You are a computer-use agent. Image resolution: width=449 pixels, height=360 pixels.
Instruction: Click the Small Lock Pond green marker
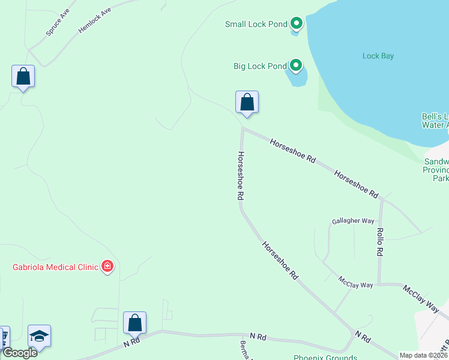(296, 24)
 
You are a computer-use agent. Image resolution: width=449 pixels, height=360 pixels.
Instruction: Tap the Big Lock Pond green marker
(295, 65)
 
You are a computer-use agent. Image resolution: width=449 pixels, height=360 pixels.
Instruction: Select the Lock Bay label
(378, 56)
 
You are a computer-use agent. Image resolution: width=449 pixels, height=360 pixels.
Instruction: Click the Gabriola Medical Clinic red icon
(107, 266)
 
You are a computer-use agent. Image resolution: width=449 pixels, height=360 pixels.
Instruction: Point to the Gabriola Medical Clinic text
(55, 267)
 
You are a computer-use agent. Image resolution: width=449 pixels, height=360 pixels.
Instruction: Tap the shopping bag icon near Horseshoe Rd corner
(247, 103)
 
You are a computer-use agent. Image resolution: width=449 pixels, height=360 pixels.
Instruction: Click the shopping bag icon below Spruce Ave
(23, 77)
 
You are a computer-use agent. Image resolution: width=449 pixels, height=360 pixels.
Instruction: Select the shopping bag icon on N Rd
(135, 323)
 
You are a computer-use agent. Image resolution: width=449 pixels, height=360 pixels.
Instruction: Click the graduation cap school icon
(39, 336)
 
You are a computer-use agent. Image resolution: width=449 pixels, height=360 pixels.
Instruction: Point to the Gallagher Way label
(353, 221)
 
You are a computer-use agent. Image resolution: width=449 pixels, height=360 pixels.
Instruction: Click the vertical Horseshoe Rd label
(240, 175)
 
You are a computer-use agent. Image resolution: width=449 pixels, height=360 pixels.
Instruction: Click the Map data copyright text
(423, 355)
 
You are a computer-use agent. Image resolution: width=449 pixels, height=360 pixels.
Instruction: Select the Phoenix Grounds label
(325, 358)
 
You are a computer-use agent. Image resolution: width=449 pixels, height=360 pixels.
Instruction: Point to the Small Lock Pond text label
(256, 25)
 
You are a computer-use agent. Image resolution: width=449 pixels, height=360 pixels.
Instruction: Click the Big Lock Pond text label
(260, 66)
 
